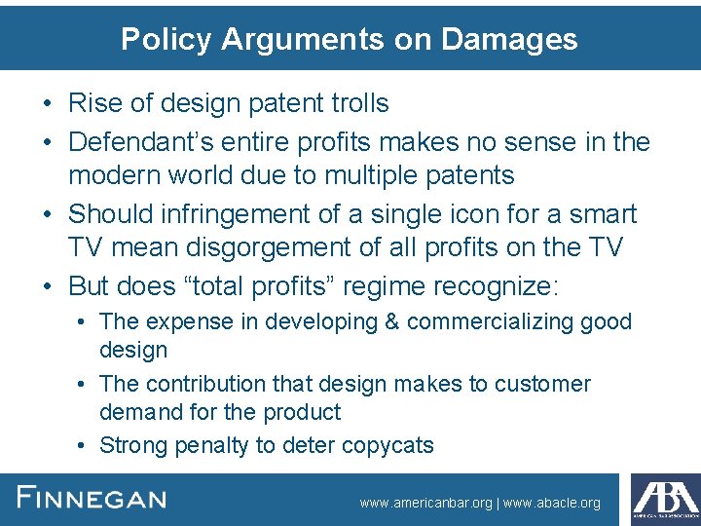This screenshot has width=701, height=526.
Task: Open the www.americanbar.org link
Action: (425, 504)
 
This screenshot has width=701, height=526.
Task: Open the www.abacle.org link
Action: (552, 504)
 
